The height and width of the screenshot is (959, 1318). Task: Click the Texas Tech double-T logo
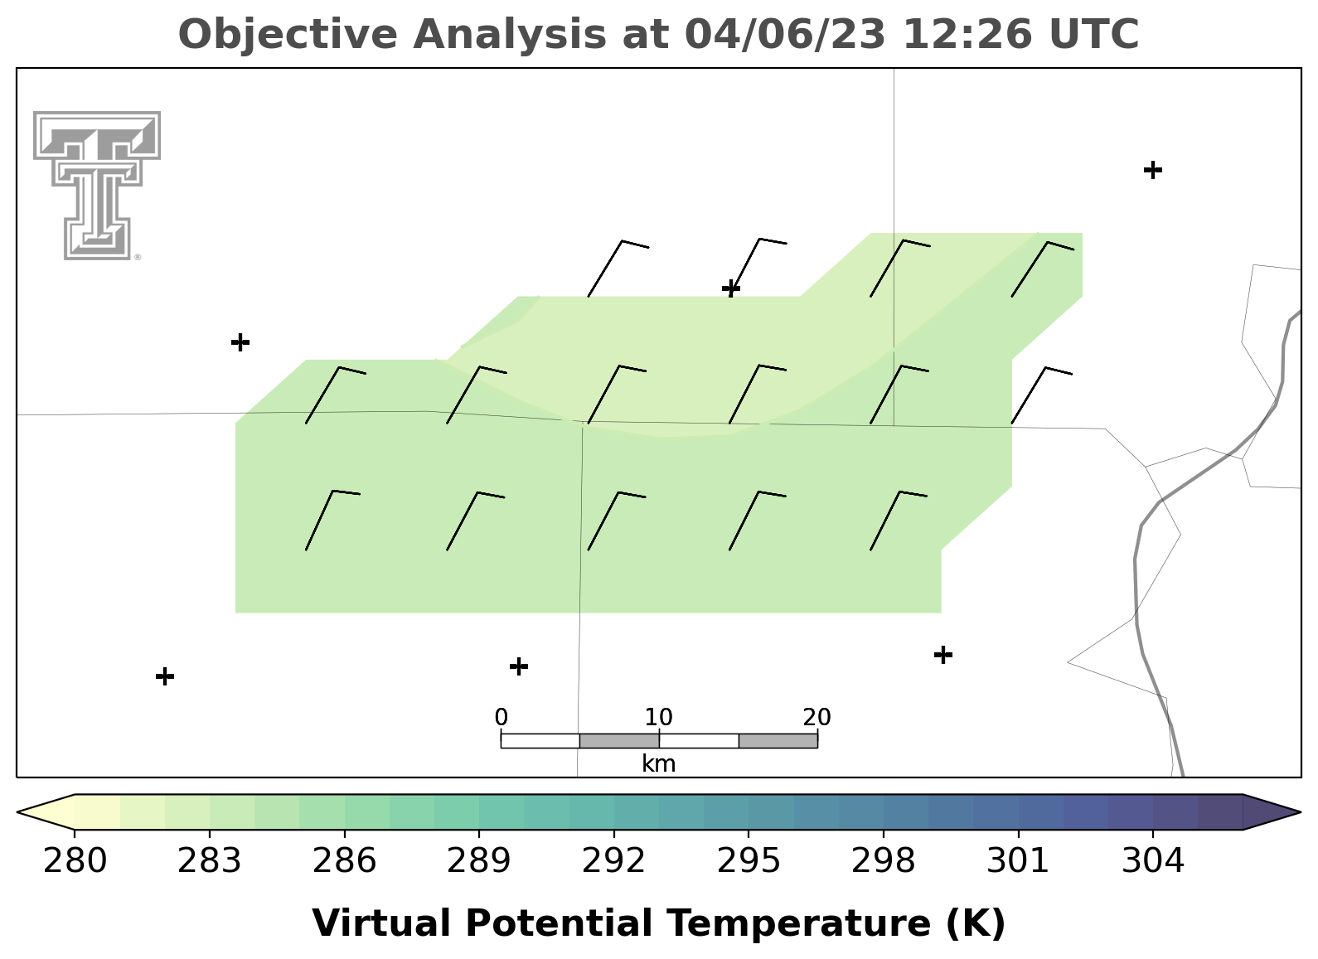coord(97,186)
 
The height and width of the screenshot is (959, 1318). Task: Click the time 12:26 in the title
coord(967,34)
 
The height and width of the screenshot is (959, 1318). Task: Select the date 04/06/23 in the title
coord(785,34)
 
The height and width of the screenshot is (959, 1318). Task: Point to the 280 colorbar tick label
coord(75,860)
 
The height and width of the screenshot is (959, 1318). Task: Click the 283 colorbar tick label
coord(210,860)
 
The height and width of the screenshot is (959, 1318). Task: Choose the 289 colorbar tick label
coord(479,860)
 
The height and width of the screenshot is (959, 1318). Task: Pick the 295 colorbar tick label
coord(749,860)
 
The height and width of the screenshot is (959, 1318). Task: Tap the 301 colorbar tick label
coord(1019,860)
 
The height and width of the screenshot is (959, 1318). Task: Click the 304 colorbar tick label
coord(1153,860)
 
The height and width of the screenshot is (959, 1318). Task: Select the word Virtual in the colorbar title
coord(381,923)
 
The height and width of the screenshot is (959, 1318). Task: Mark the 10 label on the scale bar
coord(658,717)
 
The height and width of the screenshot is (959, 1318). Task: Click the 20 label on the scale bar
coord(816,717)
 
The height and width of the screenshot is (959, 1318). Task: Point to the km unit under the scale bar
coord(658,764)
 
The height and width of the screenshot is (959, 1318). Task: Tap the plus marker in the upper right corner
coord(1153,170)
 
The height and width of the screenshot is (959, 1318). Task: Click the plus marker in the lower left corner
coord(165,676)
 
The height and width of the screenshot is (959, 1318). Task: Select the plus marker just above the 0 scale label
coord(518,666)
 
